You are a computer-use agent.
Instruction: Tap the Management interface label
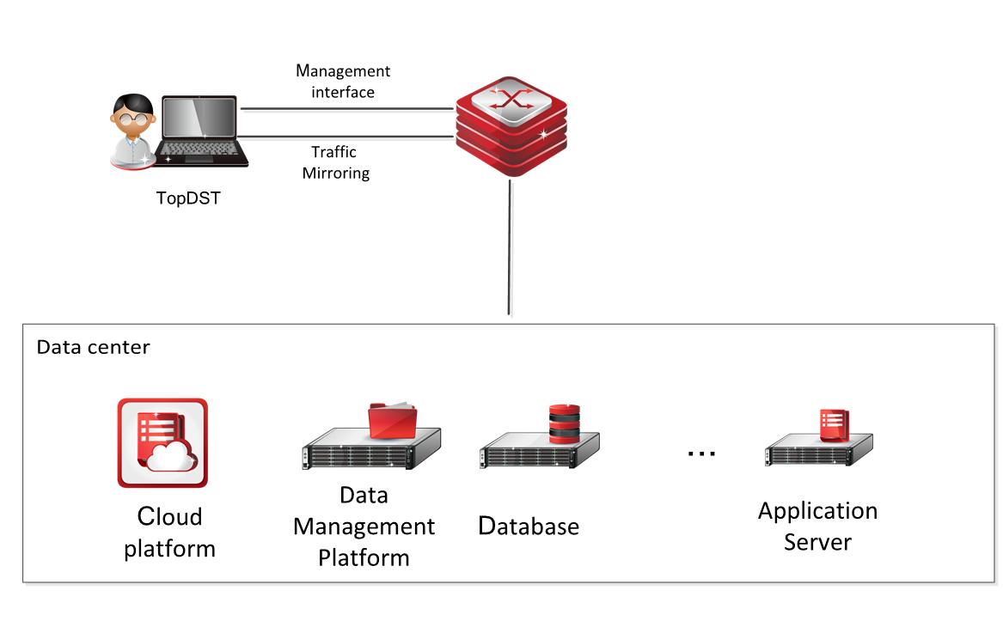[343, 81]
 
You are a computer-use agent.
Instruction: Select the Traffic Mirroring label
[335, 162]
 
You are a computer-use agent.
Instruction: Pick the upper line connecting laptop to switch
[347, 109]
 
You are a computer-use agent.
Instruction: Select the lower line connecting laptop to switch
[347, 135]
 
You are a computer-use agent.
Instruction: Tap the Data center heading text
[93, 348]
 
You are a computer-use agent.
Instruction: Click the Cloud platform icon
[162, 442]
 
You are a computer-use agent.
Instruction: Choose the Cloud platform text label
[169, 533]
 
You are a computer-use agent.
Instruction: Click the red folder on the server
[392, 421]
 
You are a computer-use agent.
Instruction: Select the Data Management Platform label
[364, 527]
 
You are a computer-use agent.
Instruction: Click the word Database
[529, 526]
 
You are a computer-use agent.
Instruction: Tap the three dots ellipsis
[701, 454]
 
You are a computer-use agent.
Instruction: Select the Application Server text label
[817, 527]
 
